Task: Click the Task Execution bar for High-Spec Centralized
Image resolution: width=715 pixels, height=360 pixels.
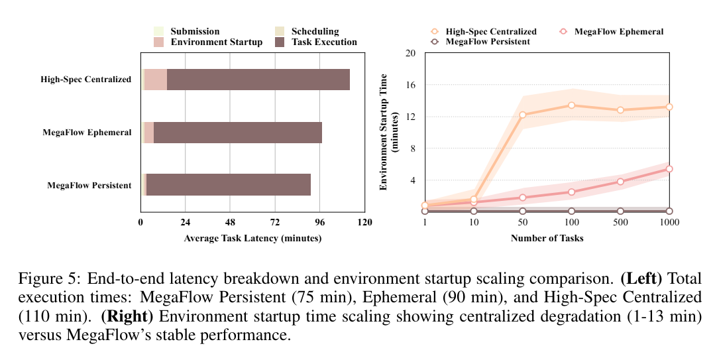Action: [x=258, y=80]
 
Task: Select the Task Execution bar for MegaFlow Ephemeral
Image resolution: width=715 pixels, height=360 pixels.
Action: [x=238, y=133]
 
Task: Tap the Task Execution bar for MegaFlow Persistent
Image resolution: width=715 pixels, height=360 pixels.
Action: [x=229, y=185]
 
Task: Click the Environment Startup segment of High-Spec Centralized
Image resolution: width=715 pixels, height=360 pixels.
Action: [x=156, y=80]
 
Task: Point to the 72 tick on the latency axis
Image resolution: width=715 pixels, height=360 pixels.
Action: [x=275, y=222]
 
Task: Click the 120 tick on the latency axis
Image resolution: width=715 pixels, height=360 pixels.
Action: [x=364, y=222]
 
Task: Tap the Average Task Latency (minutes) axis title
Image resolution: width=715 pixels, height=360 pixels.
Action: [x=252, y=238]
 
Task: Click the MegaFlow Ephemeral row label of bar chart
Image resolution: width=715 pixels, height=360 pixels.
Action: [x=87, y=133]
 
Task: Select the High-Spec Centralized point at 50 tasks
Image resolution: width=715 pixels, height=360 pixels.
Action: [x=522, y=115]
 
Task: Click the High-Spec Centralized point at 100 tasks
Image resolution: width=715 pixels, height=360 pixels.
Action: [x=571, y=105]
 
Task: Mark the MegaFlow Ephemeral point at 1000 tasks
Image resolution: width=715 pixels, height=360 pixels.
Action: [x=669, y=169]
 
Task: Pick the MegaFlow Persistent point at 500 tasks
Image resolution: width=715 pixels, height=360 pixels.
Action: [x=620, y=211]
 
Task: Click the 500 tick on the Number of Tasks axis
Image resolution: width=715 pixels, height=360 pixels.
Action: [x=620, y=222]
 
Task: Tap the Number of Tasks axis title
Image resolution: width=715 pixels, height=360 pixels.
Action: [x=547, y=238]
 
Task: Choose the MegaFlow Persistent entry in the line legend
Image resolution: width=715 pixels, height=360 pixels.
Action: [x=487, y=42]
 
